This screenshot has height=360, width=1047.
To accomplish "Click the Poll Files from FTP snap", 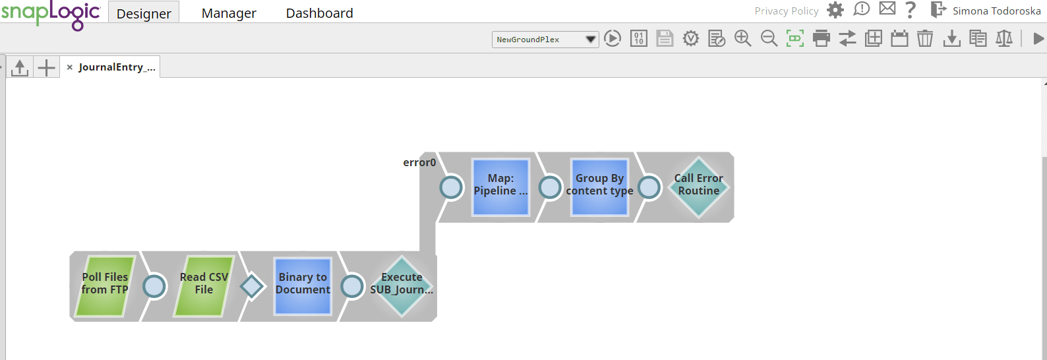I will (x=105, y=285).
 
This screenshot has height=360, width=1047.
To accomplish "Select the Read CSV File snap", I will (x=204, y=285).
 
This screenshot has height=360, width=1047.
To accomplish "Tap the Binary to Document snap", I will (x=303, y=285).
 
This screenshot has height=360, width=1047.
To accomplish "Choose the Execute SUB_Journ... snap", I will (x=402, y=285).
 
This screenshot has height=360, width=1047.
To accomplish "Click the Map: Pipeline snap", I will (x=501, y=187).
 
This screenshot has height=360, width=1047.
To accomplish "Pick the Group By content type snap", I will (x=600, y=187).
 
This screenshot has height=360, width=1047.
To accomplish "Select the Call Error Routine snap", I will (x=699, y=187).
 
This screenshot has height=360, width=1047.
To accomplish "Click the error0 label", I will (x=419, y=162).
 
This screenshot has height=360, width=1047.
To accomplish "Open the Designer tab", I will (x=144, y=13).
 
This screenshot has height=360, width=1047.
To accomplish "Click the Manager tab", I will (x=229, y=13).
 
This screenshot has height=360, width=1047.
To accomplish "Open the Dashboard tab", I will (x=320, y=13).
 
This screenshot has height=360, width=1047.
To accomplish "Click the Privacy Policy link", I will (x=787, y=11).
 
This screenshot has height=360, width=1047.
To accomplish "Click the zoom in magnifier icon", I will (x=743, y=38).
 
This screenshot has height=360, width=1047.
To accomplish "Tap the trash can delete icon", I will (x=925, y=38).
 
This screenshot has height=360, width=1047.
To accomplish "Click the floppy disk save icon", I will (x=665, y=38).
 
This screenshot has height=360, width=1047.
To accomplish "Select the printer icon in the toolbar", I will (x=822, y=38).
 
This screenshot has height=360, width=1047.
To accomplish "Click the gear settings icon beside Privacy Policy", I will (x=835, y=10).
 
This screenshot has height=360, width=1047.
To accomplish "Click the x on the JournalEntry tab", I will (x=70, y=67).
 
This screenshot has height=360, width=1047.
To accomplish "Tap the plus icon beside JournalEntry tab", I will (x=46, y=67).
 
